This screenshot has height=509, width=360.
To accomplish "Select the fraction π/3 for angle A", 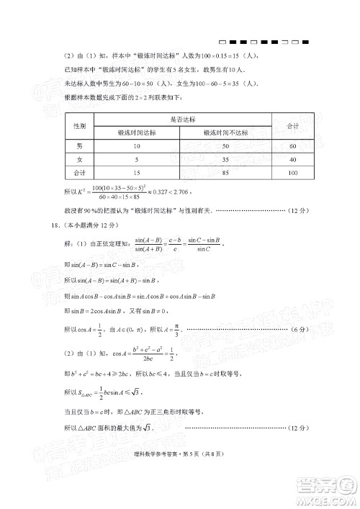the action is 174,328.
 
